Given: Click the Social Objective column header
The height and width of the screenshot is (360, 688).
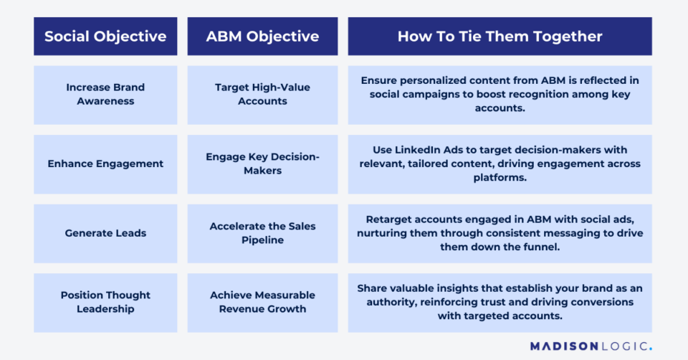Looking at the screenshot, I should [x=105, y=37].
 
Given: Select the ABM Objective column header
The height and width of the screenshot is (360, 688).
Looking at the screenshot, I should [x=262, y=37].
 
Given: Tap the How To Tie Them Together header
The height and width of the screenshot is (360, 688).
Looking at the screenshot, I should [x=500, y=37].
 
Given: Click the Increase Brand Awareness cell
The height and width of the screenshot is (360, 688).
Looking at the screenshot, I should [x=105, y=95].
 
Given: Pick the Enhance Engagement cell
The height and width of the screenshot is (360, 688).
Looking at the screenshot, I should [x=105, y=164].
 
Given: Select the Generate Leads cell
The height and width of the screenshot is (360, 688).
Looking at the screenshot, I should [x=105, y=233].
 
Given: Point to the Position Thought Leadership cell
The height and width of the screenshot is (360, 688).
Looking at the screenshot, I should [x=105, y=302].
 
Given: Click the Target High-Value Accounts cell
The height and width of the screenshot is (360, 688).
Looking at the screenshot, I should [x=262, y=95].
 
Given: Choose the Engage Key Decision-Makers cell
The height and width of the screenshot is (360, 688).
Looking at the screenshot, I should [x=262, y=164].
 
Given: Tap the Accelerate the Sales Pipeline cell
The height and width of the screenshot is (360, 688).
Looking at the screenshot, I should [x=262, y=233].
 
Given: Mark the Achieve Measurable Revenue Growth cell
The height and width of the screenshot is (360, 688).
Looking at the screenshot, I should [x=262, y=302].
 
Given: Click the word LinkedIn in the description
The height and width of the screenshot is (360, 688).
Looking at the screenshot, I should [x=417, y=150].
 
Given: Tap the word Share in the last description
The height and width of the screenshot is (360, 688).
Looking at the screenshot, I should [x=373, y=288].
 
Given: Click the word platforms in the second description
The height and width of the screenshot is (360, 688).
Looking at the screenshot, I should [x=500, y=178].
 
